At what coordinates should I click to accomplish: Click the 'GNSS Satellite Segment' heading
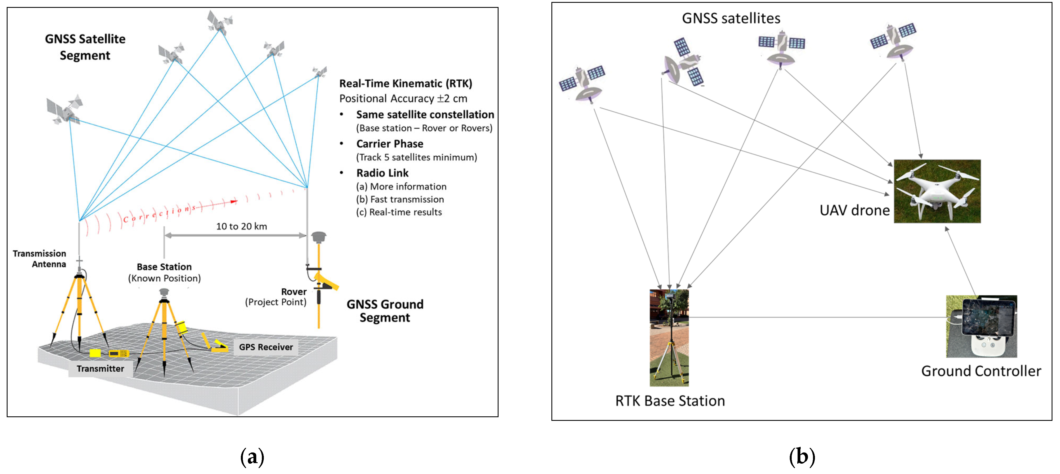point(85,47)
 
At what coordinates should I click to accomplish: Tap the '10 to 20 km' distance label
point(241,226)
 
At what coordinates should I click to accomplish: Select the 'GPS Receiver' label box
point(266,347)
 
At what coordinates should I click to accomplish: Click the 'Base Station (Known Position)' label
point(164,272)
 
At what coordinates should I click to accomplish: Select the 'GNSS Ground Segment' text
point(385,311)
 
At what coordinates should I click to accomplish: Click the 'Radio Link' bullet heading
point(382,173)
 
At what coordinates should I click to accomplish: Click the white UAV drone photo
point(937,191)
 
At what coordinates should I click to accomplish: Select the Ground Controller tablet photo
point(981,326)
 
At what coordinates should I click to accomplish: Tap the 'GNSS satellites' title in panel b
point(731,18)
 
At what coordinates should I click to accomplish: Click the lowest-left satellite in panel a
point(64,109)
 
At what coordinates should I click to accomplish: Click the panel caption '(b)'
point(802,456)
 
